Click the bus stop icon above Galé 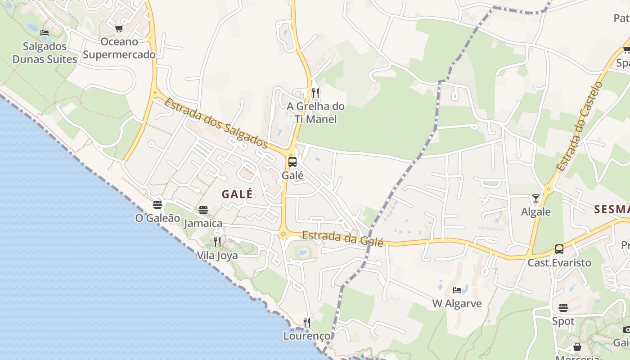tap(292, 162)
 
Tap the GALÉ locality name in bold tap(237, 194)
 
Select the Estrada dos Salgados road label tap(216, 122)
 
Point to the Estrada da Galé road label tap(343, 238)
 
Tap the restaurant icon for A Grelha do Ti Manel tap(315, 93)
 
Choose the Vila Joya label tap(217, 255)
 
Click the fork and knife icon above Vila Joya tap(217, 242)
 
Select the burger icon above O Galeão tap(157, 205)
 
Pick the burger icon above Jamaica tap(203, 210)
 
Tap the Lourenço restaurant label tap(306, 336)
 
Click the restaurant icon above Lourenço tap(306, 322)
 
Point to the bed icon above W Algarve tap(457, 290)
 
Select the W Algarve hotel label tap(457, 303)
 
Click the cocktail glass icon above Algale tap(535, 198)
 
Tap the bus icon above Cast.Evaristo tap(559, 249)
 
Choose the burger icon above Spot tap(563, 308)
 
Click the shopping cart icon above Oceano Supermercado tap(119, 29)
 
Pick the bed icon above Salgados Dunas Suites tap(45, 32)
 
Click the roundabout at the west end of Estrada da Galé tap(283, 234)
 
